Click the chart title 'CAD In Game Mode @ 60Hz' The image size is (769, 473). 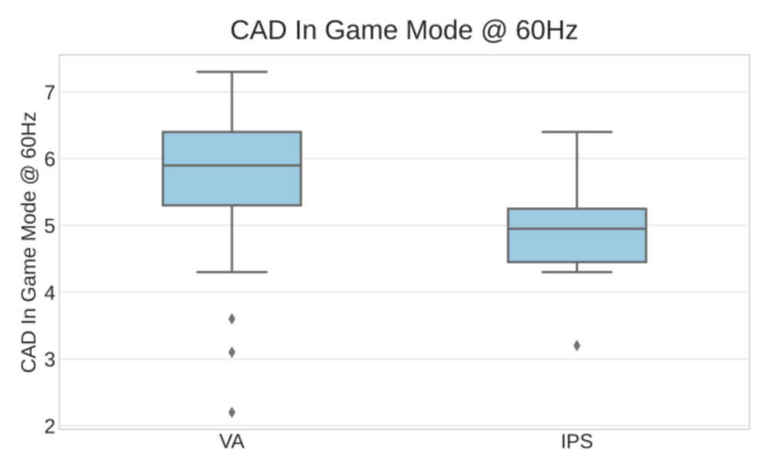point(404,31)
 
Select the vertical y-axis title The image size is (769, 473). point(29,241)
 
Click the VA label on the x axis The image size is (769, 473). point(231,444)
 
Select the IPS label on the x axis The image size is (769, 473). point(577,444)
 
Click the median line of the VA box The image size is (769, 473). point(231,165)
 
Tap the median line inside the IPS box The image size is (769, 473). point(577,228)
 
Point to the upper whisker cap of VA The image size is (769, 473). point(231,72)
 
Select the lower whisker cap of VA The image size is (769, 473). point(231,272)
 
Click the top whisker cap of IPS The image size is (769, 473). point(577,132)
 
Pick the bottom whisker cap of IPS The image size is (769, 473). point(577,272)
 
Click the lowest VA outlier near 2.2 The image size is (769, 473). point(231,412)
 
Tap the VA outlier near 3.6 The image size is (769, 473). point(231,318)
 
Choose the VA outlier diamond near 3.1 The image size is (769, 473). point(231,352)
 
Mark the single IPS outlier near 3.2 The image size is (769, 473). point(577,345)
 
